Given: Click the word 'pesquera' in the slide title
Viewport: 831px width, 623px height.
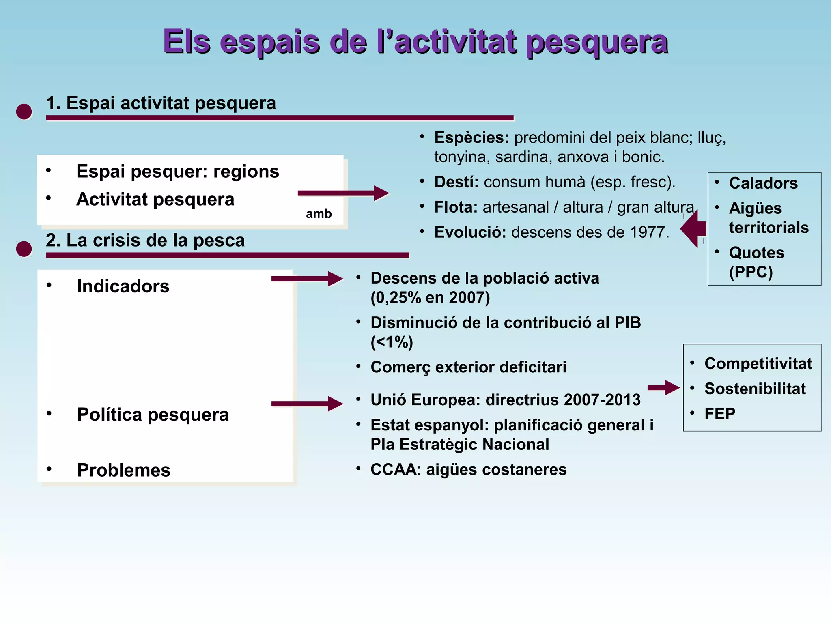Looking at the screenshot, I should coord(597,42).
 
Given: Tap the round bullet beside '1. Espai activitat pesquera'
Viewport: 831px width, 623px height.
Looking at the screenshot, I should coord(24,112).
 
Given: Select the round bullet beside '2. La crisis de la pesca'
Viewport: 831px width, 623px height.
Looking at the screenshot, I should coord(24,249).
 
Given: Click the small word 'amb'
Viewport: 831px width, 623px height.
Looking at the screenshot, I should coord(319,214).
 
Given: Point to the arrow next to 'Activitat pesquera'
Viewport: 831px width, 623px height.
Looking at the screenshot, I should coord(343,193).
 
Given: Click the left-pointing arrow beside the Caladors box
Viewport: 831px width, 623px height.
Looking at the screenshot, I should coord(693,229).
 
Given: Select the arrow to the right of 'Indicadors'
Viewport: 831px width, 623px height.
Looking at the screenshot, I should coord(307,279).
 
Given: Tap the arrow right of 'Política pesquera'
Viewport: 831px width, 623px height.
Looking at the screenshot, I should coord(307,404).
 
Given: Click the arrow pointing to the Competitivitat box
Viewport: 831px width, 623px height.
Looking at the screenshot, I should coord(663,388).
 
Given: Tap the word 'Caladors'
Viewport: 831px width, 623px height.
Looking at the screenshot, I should coord(763,183).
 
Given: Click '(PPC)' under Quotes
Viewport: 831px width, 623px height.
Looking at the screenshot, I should coord(751,272).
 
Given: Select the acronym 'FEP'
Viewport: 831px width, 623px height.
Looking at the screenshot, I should coord(720,414).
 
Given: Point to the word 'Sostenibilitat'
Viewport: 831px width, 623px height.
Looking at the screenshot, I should coord(755,389).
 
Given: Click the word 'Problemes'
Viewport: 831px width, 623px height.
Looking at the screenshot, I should coord(124,470).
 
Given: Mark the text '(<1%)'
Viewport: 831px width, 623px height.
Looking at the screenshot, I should coord(392,342).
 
